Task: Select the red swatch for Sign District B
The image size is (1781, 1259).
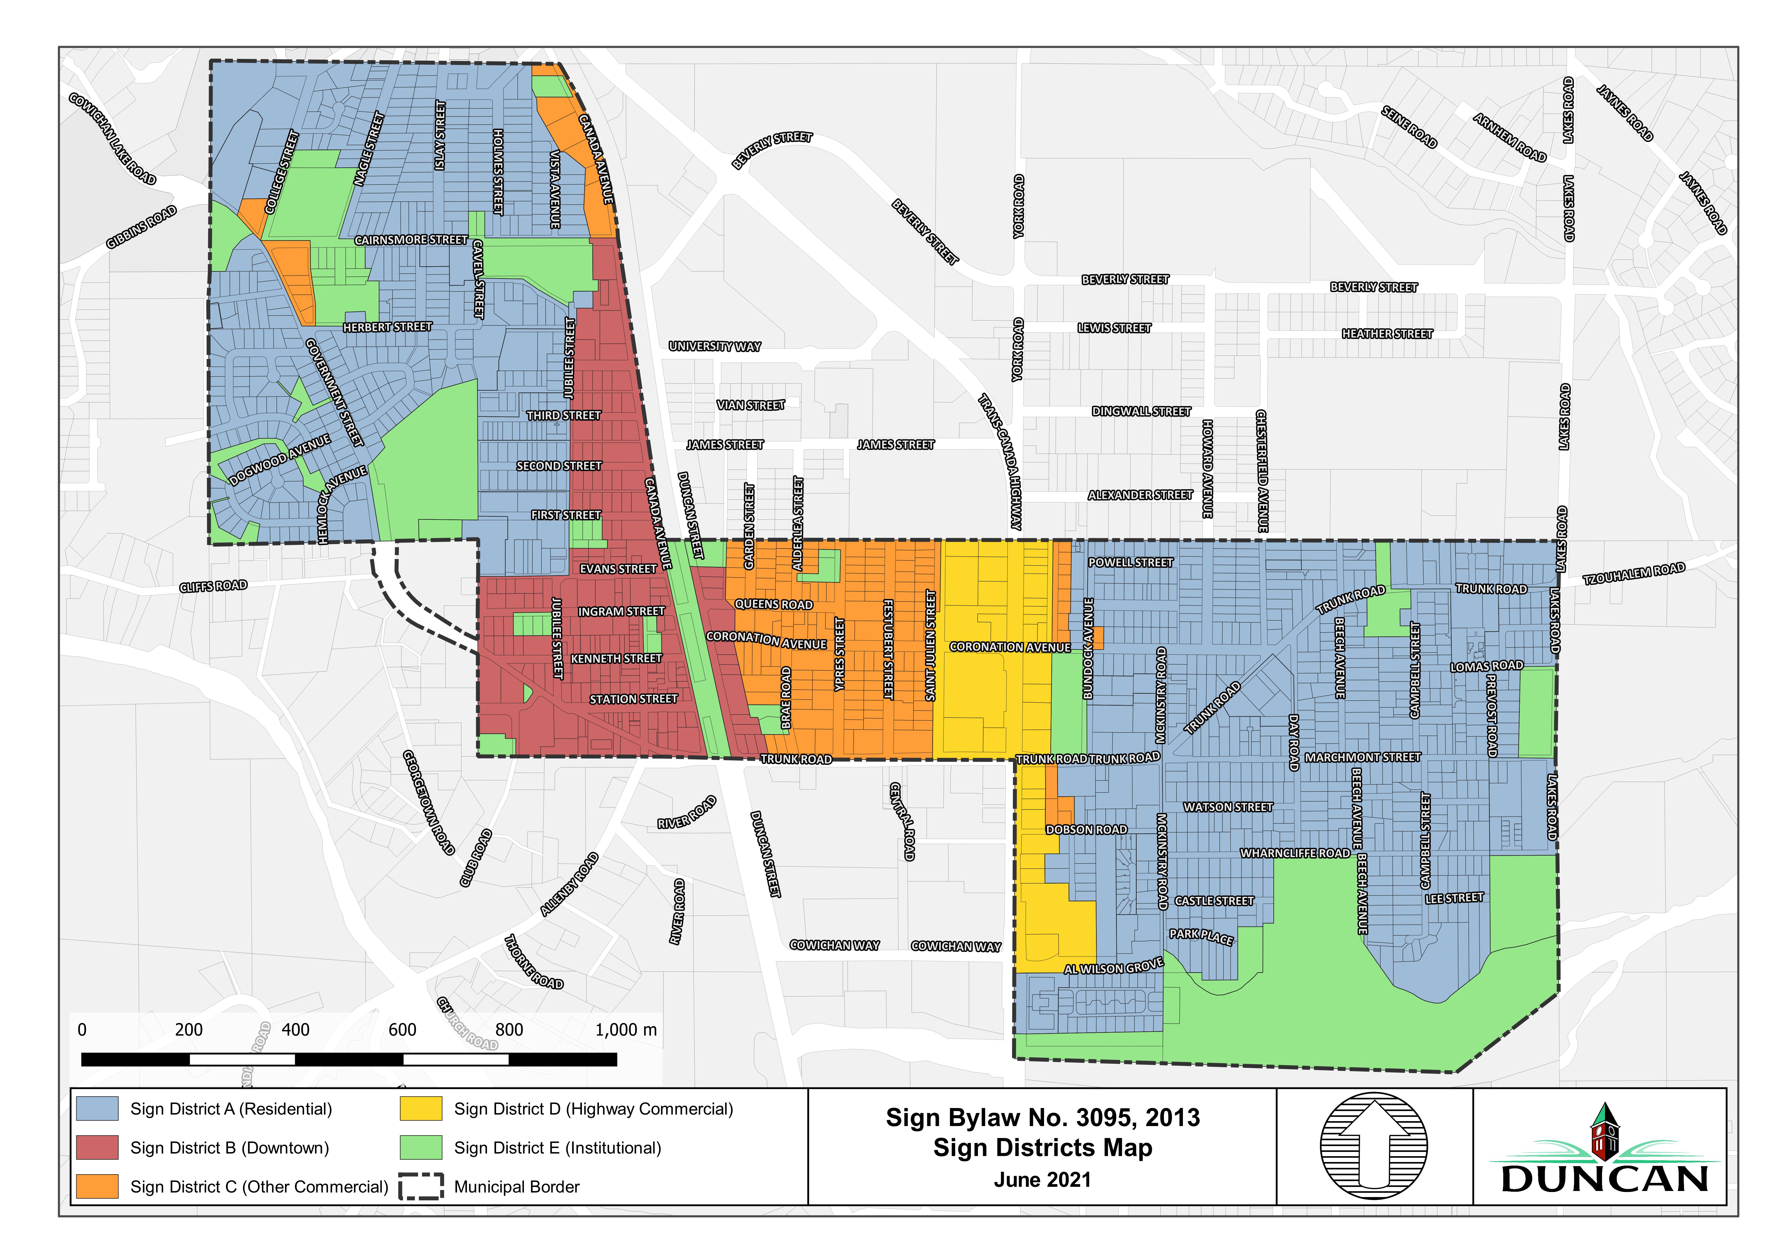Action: (x=98, y=1147)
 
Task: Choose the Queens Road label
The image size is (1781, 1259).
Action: (x=773, y=604)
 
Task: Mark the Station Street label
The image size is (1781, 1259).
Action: (x=633, y=699)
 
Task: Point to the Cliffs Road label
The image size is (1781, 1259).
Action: (x=213, y=586)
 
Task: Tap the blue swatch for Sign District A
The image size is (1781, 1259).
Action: (x=98, y=1108)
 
